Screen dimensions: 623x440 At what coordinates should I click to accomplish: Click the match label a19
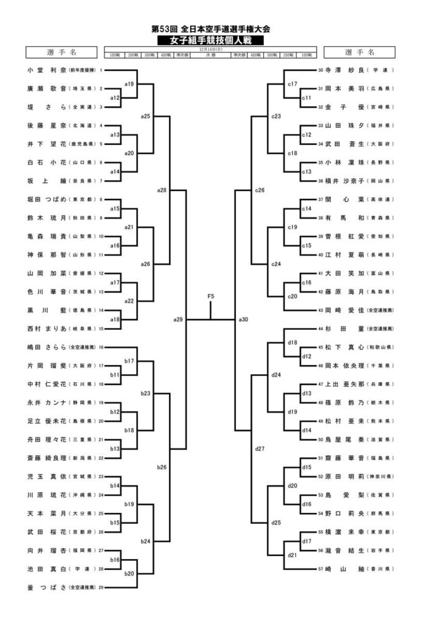click(x=128, y=83)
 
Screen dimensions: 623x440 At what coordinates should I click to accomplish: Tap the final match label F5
click(x=211, y=296)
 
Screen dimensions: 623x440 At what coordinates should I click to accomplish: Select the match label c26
click(x=260, y=190)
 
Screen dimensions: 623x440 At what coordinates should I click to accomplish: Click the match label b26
click(x=162, y=467)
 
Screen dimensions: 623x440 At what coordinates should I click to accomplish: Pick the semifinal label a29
click(x=177, y=319)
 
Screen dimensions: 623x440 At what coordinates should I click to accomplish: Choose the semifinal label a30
click(x=243, y=319)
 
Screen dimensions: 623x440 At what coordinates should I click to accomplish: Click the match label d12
click(x=307, y=356)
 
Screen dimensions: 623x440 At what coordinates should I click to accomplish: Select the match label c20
click(x=292, y=296)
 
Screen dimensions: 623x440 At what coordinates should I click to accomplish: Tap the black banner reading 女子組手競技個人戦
click(x=211, y=40)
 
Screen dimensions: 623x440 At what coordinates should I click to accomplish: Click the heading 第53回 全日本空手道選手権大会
click(x=211, y=29)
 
